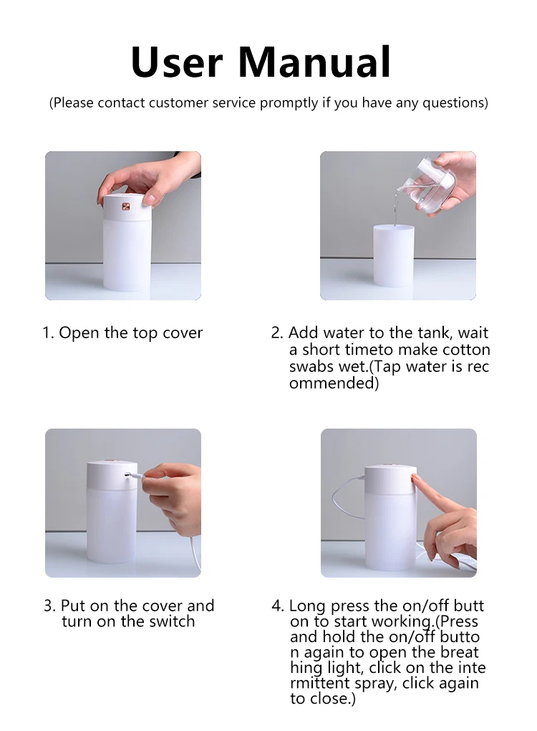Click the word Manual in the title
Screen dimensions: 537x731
coord(314,62)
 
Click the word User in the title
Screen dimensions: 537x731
coord(177,62)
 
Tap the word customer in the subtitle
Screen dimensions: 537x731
coord(178,102)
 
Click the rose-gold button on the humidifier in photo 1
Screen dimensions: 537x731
coord(126,206)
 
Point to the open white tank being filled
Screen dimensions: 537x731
coord(394,255)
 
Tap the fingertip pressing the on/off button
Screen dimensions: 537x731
coord(414,478)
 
